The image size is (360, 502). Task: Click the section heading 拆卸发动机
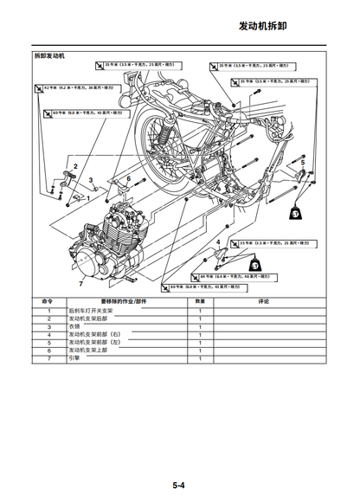pyautogui.click(x=49, y=56)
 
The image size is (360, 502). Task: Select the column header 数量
pyautogui.click(x=200, y=302)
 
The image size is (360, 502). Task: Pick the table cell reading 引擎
pyautogui.click(x=74, y=357)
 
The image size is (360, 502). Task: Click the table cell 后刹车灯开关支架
pyautogui.click(x=91, y=310)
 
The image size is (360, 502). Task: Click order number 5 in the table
pyautogui.click(x=48, y=342)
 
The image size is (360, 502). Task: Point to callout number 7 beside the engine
pyautogui.click(x=81, y=283)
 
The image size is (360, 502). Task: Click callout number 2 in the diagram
pyautogui.click(x=75, y=166)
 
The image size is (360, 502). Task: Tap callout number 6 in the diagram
pyautogui.click(x=129, y=178)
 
